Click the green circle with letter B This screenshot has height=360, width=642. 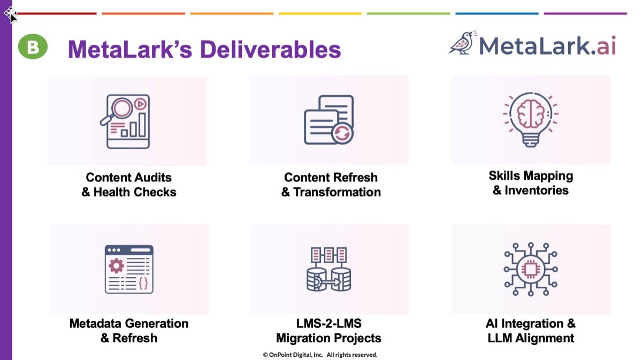point(33,47)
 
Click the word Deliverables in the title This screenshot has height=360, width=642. point(270,50)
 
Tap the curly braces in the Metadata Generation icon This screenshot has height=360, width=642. point(143,283)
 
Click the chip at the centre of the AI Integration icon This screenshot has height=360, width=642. point(531,269)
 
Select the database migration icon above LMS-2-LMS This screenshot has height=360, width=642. point(328,269)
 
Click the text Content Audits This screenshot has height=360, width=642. point(129,178)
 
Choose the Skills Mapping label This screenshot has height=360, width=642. point(531,176)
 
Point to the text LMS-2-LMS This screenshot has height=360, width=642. point(328,324)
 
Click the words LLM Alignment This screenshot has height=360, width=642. point(531,338)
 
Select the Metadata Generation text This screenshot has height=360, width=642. point(129,324)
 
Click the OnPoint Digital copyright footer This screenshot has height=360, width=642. point(320,355)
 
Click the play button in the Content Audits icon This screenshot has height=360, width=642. point(140,104)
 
